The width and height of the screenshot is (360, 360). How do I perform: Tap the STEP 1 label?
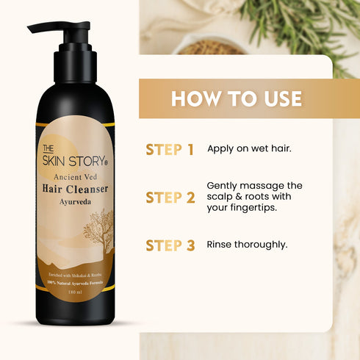click(170, 150)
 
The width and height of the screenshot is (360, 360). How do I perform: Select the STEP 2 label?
click(170, 197)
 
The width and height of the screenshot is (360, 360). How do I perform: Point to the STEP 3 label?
click(170, 245)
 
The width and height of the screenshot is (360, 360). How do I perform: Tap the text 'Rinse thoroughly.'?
click(246, 245)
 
